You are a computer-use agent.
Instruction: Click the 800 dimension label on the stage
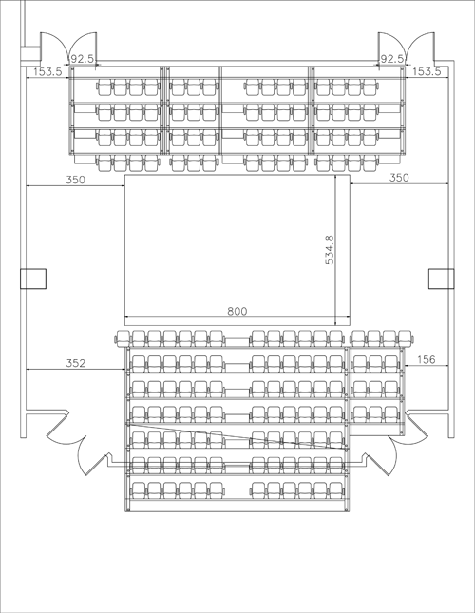point(237,311)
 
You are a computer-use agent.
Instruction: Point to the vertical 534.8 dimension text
point(330,250)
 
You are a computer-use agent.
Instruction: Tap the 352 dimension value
point(75,363)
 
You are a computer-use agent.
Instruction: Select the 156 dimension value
point(427,359)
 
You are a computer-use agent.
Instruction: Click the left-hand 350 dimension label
point(75,180)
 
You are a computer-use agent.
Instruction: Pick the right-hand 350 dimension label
point(399,178)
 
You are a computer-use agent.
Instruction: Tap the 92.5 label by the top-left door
point(83,59)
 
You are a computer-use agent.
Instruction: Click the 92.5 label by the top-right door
point(391,59)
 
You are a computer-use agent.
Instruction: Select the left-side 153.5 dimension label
point(47,71)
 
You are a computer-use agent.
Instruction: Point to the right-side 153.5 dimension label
point(427,71)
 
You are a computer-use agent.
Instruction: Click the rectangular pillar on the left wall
point(33,278)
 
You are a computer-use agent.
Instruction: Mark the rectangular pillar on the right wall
point(442,278)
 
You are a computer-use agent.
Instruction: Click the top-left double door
point(68,48)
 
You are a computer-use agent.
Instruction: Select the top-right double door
point(407,48)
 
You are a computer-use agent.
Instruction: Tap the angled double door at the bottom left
point(78,444)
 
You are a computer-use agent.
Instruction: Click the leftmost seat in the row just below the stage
point(123,338)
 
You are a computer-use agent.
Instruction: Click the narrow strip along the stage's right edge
point(343,250)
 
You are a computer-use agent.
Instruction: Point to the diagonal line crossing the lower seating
point(237,436)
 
